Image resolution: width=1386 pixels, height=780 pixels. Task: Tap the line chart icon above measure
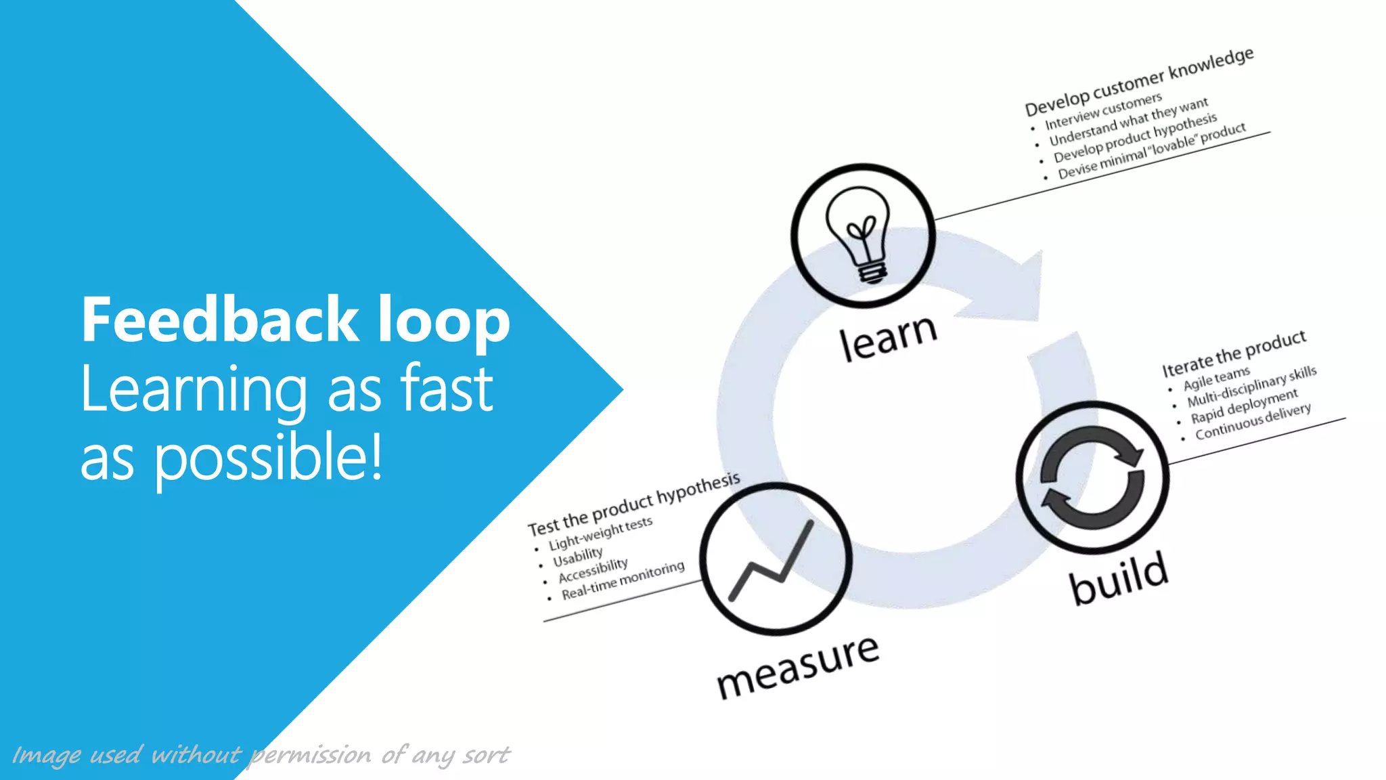[772, 562]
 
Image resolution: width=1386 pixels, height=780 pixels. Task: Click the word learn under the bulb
[888, 337]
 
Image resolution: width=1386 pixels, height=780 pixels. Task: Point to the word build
[1118, 578]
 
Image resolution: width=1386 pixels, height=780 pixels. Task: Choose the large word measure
[798, 667]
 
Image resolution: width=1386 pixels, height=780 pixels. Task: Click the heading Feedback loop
[295, 320]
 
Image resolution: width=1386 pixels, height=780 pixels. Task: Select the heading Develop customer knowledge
[1138, 82]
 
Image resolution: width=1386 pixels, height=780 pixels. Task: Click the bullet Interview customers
[1103, 112]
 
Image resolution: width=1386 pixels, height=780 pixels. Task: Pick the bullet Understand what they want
[1128, 123]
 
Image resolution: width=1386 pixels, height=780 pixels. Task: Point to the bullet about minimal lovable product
[1151, 151]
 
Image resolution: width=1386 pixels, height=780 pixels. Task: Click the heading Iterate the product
[1234, 353]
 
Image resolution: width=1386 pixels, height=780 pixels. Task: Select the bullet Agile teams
[1216, 378]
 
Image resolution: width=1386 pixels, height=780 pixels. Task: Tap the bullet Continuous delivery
[1253, 422]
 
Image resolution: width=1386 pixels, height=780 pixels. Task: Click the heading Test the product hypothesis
[633, 504]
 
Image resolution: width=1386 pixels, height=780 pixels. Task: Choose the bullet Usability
[577, 557]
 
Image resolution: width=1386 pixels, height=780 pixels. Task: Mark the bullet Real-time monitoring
[623, 580]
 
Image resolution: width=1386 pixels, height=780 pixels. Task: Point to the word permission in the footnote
[310, 755]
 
